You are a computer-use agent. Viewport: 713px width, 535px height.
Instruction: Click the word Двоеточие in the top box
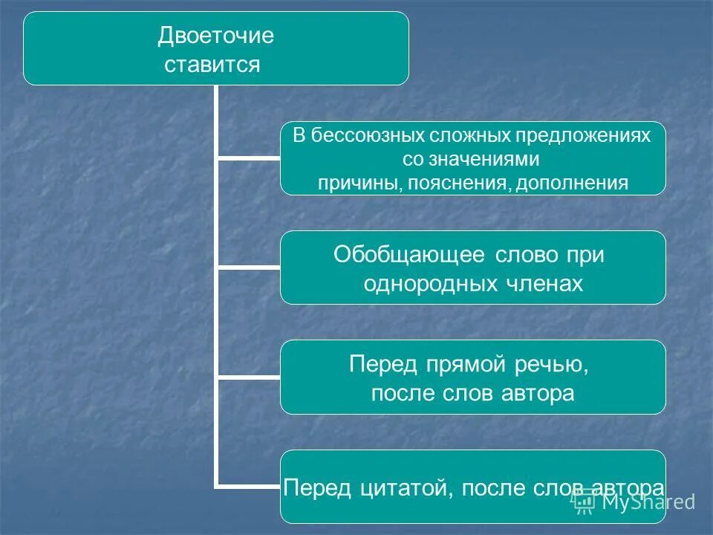pyautogui.click(x=216, y=36)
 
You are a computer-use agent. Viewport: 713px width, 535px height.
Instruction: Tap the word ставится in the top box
pyautogui.click(x=212, y=65)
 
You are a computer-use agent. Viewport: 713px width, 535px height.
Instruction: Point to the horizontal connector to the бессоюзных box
pyautogui.click(x=248, y=158)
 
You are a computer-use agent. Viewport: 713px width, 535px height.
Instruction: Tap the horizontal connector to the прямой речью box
pyautogui.click(x=248, y=377)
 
